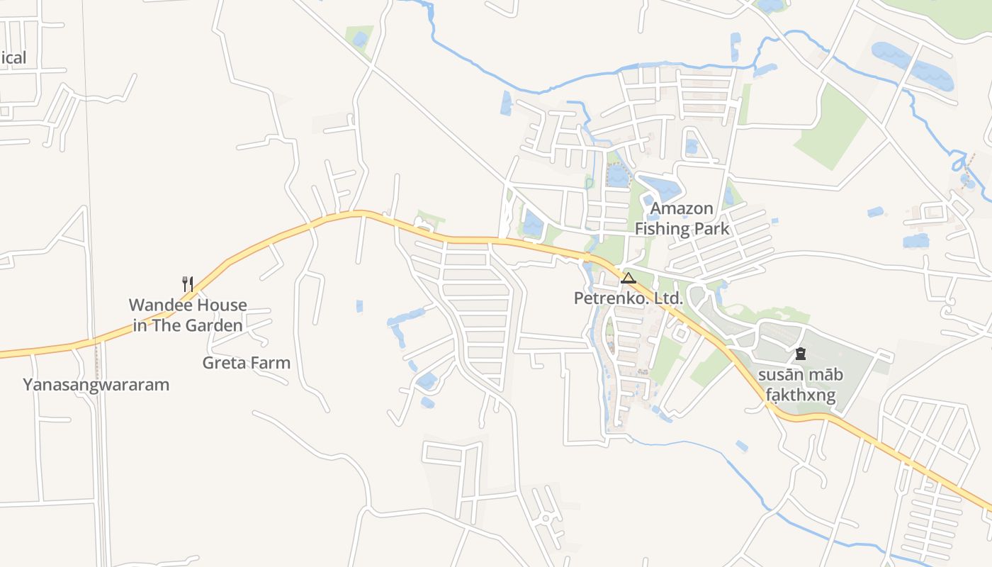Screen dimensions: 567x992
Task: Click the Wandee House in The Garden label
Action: (x=188, y=315)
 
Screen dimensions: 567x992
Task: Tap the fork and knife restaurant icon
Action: (x=188, y=284)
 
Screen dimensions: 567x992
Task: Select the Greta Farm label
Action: (x=247, y=363)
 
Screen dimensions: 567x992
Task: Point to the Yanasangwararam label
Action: (x=96, y=385)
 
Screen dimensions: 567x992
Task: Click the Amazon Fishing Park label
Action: (x=682, y=218)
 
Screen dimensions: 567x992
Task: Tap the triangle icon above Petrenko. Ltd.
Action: (x=629, y=278)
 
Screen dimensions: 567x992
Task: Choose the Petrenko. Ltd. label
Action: (x=629, y=298)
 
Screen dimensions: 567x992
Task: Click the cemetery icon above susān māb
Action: (x=801, y=353)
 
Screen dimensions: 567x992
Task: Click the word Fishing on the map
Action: (x=663, y=228)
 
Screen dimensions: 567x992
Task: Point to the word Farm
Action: (x=271, y=363)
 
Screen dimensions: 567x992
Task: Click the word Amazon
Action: (x=682, y=208)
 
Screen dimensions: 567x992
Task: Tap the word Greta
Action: (x=223, y=363)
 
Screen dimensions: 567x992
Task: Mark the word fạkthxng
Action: (x=801, y=395)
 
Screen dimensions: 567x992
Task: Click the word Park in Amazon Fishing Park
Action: (x=712, y=228)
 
